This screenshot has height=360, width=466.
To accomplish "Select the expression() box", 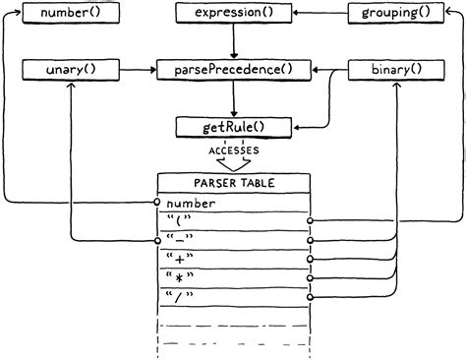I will (x=234, y=13).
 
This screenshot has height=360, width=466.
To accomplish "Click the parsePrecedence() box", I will (x=234, y=70).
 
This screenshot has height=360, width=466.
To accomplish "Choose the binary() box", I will (x=396, y=70).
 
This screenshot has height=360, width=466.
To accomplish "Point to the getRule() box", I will (x=234, y=126).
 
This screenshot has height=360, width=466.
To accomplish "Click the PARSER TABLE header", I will (x=234, y=183).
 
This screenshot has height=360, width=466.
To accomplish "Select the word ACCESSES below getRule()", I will (x=234, y=150).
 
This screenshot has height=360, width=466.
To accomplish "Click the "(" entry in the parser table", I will (x=180, y=222).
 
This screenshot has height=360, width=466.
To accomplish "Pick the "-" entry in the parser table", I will (x=181, y=241).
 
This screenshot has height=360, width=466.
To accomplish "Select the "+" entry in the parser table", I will (x=181, y=260).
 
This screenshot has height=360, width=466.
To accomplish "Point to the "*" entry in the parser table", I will (x=181, y=278).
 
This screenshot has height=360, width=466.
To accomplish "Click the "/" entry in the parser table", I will (x=181, y=297).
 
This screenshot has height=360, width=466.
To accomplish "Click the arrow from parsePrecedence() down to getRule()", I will (x=234, y=98).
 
